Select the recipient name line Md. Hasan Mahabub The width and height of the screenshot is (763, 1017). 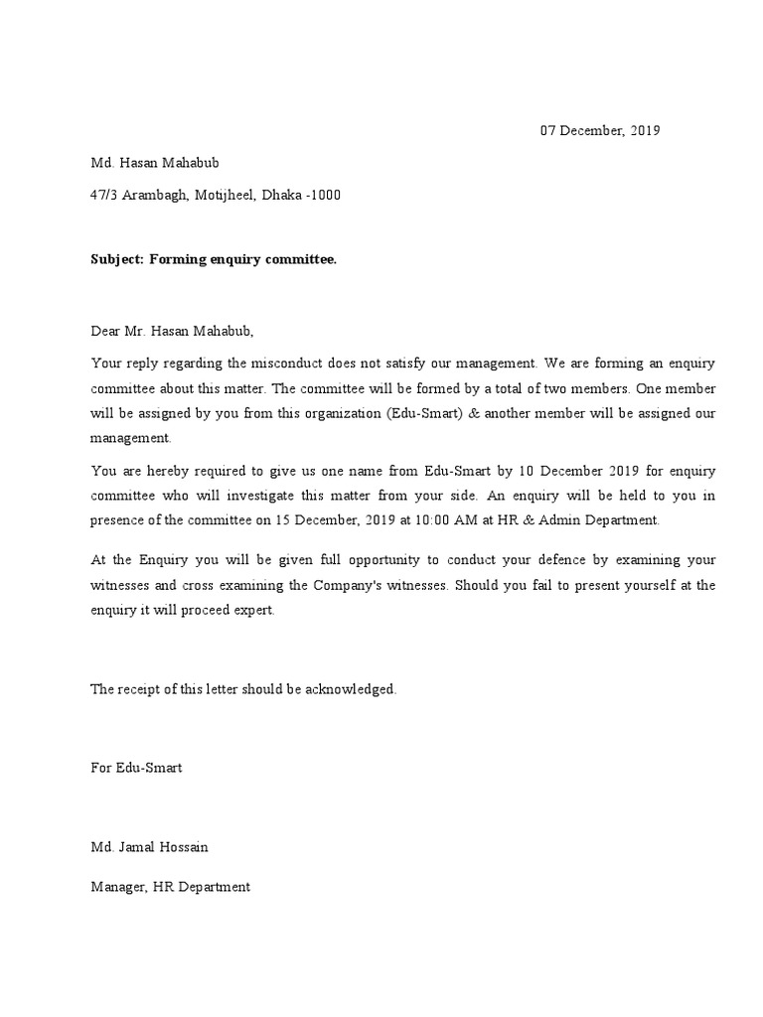coord(148,163)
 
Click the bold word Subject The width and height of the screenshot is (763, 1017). coord(117,259)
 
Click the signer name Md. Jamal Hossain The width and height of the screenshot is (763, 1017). coord(150,847)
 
